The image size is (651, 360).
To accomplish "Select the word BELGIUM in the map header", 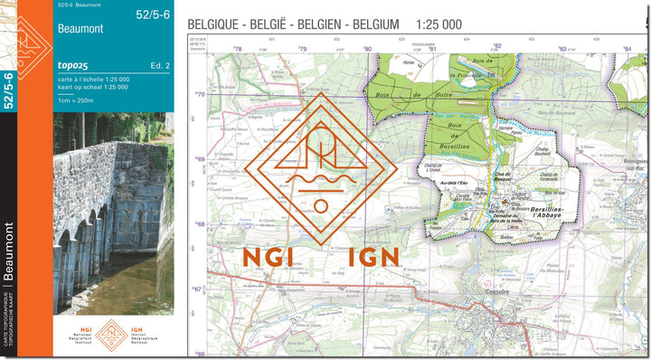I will (x=370, y=24).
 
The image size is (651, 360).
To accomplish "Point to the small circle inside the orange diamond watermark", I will (x=321, y=205).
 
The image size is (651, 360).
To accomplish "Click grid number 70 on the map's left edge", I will (x=201, y=94).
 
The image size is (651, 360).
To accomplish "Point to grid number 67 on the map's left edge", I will (x=198, y=289).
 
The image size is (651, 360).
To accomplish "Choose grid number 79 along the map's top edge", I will (x=303, y=50).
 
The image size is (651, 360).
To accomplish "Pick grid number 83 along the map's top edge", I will (x=562, y=50).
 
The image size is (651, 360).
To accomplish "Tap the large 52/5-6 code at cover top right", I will (x=152, y=14).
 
